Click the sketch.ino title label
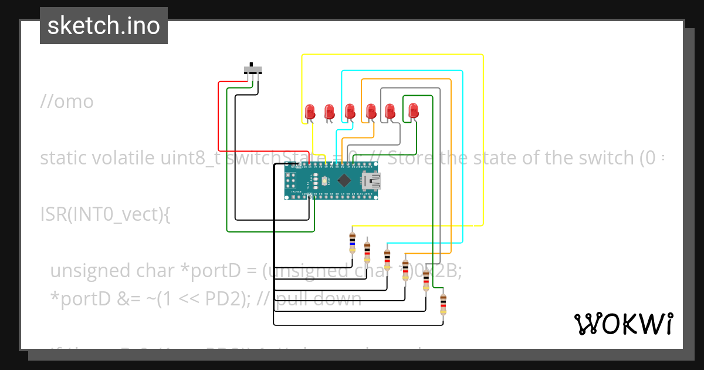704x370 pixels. [x=104, y=26]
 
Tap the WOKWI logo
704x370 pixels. [x=623, y=324]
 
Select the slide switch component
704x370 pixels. [x=253, y=70]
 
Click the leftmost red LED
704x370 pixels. [x=310, y=111]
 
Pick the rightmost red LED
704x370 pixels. [x=413, y=110]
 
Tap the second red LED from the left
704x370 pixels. [x=330, y=111]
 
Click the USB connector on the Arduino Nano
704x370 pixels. [x=371, y=180]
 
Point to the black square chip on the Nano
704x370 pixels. [x=345, y=180]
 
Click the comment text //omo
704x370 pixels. [x=67, y=102]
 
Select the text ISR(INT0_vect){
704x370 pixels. [x=105, y=214]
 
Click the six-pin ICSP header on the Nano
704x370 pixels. [x=291, y=180]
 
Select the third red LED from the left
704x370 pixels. [x=350, y=110]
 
